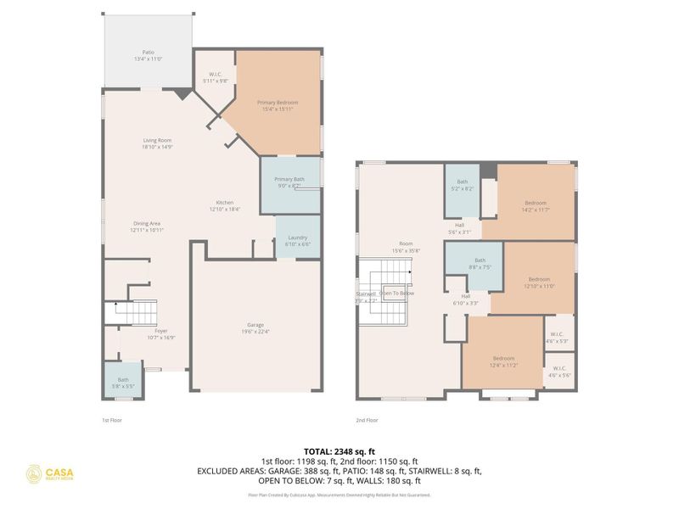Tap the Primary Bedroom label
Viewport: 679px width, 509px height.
click(x=278, y=103)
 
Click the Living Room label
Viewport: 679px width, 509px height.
click(x=157, y=141)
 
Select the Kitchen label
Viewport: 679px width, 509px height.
click(x=225, y=202)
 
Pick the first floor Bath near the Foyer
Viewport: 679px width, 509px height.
click(x=123, y=382)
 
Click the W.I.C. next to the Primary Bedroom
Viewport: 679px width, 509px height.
click(x=216, y=77)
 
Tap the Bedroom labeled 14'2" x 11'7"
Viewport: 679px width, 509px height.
click(x=535, y=203)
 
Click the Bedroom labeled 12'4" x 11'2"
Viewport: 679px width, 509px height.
click(x=503, y=359)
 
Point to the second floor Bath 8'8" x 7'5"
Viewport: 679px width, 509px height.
click(x=480, y=263)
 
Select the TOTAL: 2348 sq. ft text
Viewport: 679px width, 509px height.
click(x=339, y=450)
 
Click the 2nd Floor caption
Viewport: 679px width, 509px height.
click(x=368, y=419)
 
